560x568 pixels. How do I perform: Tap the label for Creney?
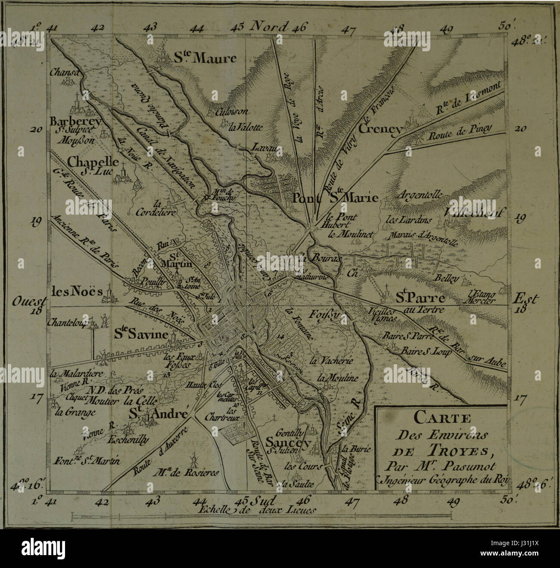click(380, 128)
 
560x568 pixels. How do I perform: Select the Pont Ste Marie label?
click(335, 198)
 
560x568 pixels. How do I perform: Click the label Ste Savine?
click(140, 334)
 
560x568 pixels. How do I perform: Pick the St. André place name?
click(159, 414)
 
